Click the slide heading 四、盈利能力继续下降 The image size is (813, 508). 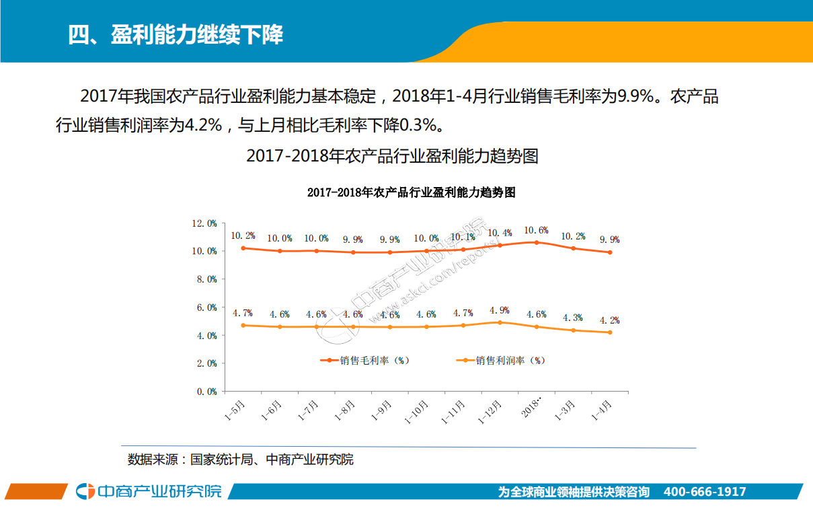click(x=176, y=35)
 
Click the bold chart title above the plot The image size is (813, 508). click(x=411, y=192)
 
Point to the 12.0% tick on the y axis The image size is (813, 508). click(x=204, y=223)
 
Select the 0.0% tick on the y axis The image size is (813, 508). click(x=206, y=391)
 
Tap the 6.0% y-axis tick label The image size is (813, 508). click(x=206, y=307)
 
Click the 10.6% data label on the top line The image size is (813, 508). click(x=536, y=230)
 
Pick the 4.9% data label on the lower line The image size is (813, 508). click(x=499, y=310)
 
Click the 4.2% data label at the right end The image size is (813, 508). click(x=609, y=320)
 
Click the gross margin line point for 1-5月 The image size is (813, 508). click(x=243, y=248)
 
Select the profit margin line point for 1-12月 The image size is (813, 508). click(x=500, y=322)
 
